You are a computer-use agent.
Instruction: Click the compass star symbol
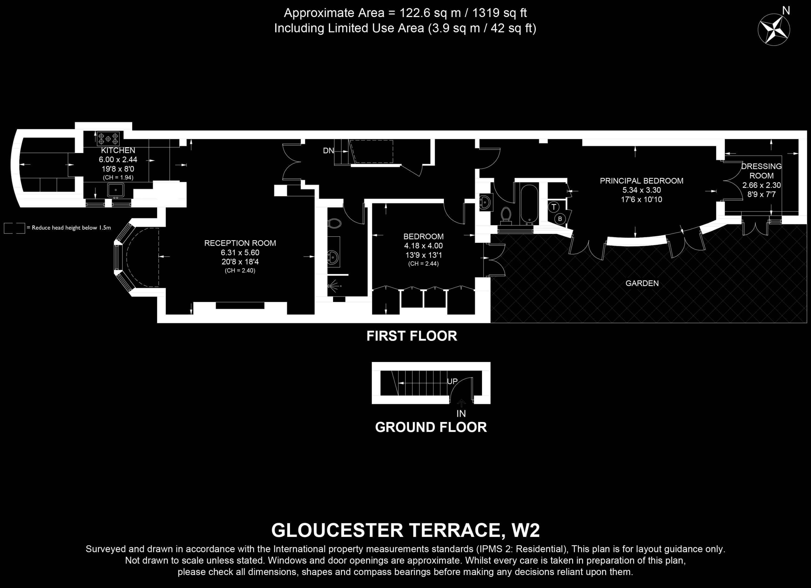774,29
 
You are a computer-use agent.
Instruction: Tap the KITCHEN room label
118,150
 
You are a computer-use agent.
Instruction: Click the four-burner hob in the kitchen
108,138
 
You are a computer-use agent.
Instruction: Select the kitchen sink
115,190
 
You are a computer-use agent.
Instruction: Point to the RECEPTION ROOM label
240,243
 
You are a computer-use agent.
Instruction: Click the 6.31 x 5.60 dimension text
240,253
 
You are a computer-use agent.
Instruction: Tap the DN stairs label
328,151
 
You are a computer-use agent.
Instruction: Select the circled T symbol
554,207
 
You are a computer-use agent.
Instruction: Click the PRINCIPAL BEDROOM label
642,181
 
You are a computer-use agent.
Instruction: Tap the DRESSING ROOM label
761,171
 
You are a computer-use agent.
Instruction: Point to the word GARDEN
642,283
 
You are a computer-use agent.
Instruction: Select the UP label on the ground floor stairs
452,381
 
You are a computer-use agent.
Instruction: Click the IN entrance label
461,414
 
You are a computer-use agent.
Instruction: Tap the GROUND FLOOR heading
431,427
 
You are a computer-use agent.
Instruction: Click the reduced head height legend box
14,228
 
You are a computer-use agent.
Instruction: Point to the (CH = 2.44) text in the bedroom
423,264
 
